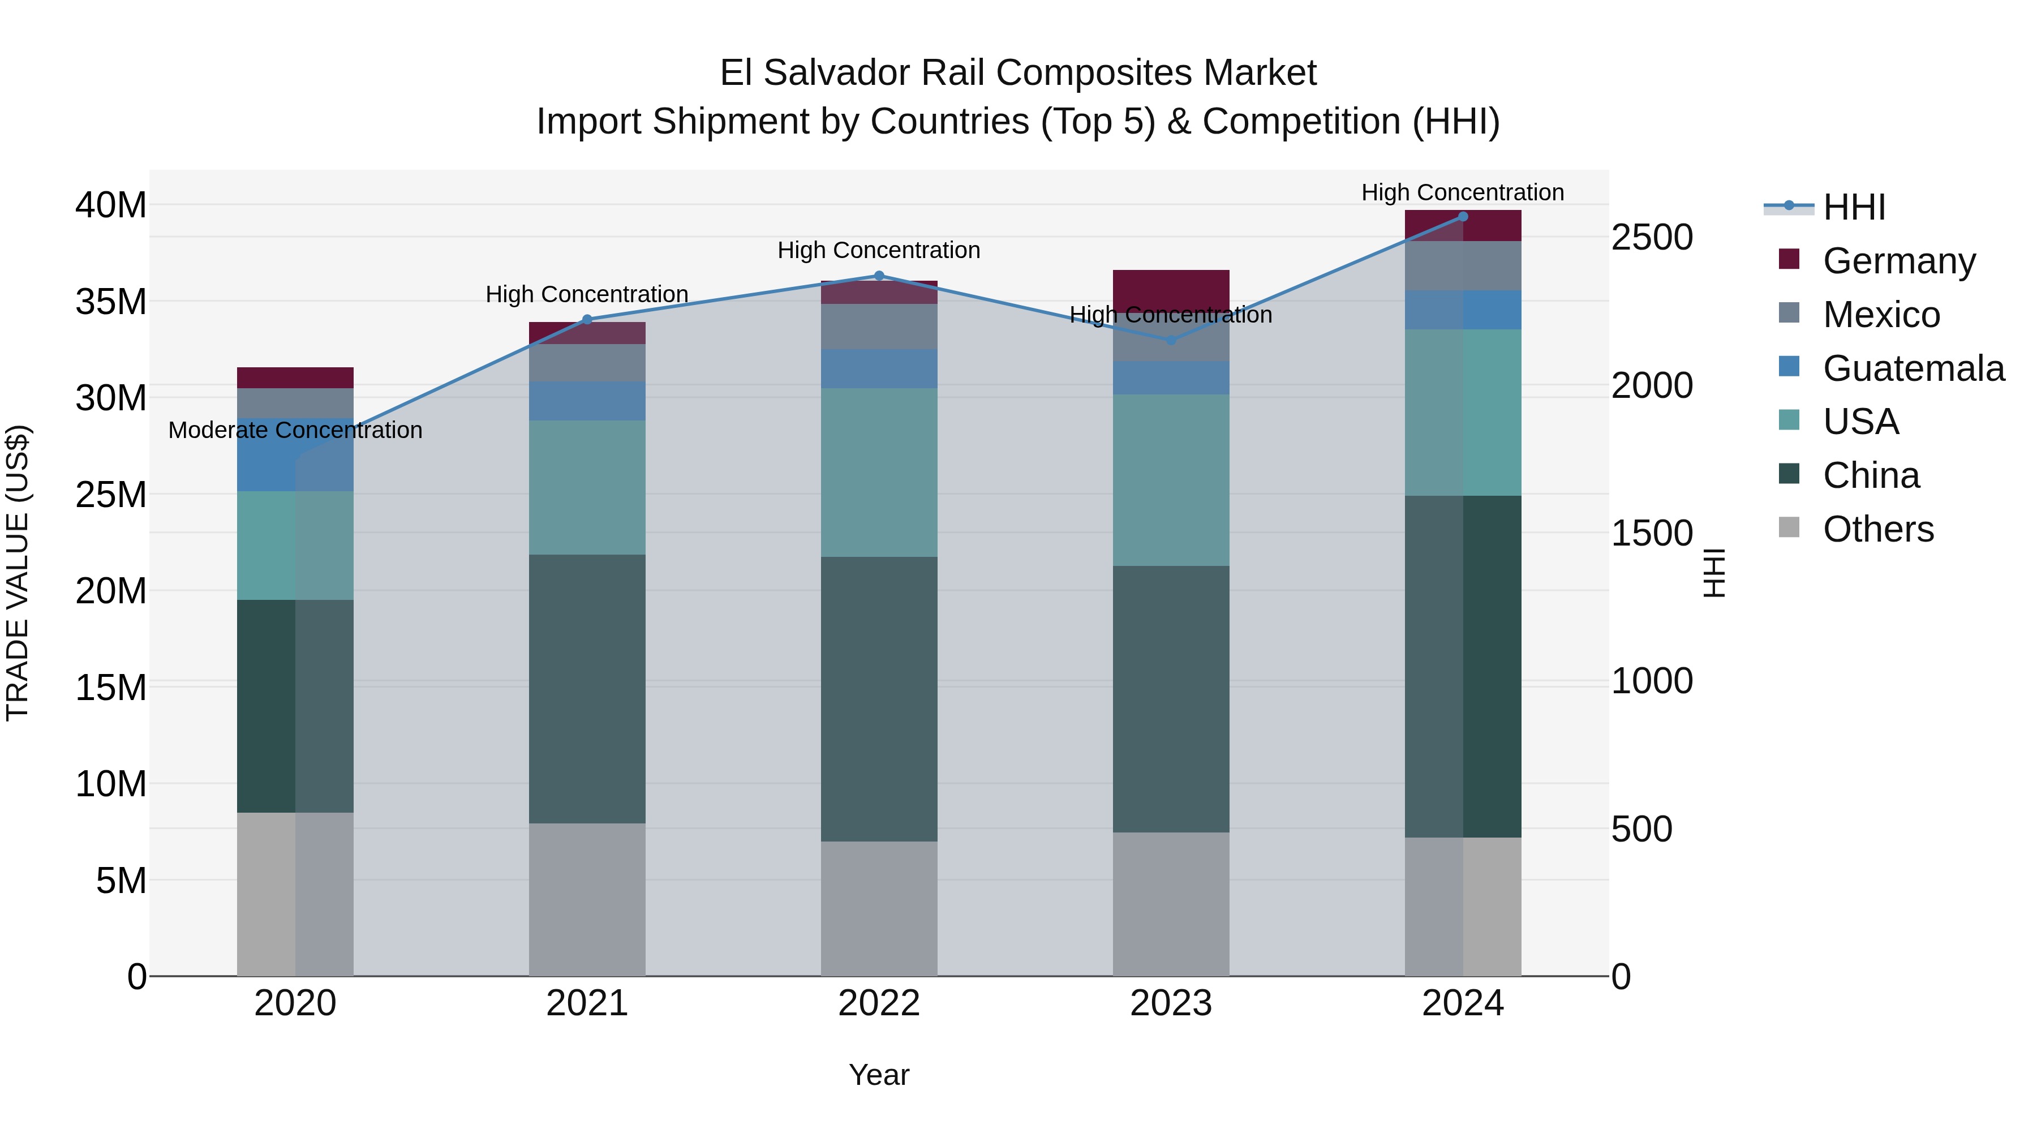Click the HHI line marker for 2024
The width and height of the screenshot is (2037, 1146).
(x=1462, y=217)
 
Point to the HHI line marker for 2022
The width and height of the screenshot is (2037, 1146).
(x=879, y=276)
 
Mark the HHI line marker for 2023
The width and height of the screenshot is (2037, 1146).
(x=1171, y=340)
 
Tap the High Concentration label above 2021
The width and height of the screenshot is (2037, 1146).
(x=587, y=294)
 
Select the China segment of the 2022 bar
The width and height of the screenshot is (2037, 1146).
(x=879, y=698)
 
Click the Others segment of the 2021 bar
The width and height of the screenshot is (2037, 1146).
(x=587, y=899)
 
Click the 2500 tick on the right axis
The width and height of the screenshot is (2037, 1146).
(x=1652, y=237)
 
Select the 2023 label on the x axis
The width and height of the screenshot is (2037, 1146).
(x=1171, y=1003)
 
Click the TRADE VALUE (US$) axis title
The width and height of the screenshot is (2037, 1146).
(x=18, y=573)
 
